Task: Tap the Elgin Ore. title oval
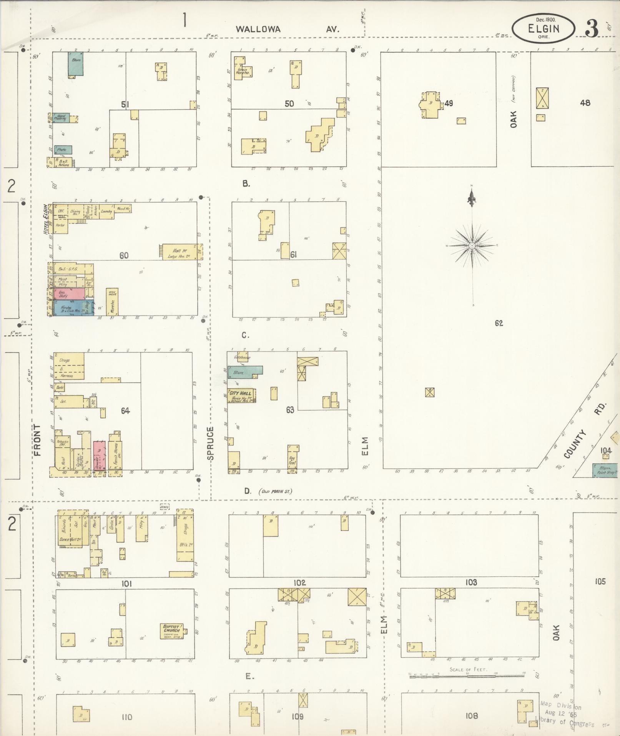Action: tap(543, 28)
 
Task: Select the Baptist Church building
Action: tap(172, 631)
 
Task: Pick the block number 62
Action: tap(499, 323)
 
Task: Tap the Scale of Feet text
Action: tap(468, 669)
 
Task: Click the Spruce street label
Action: tap(210, 442)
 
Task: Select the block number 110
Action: tap(126, 717)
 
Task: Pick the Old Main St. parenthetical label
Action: tap(275, 491)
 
